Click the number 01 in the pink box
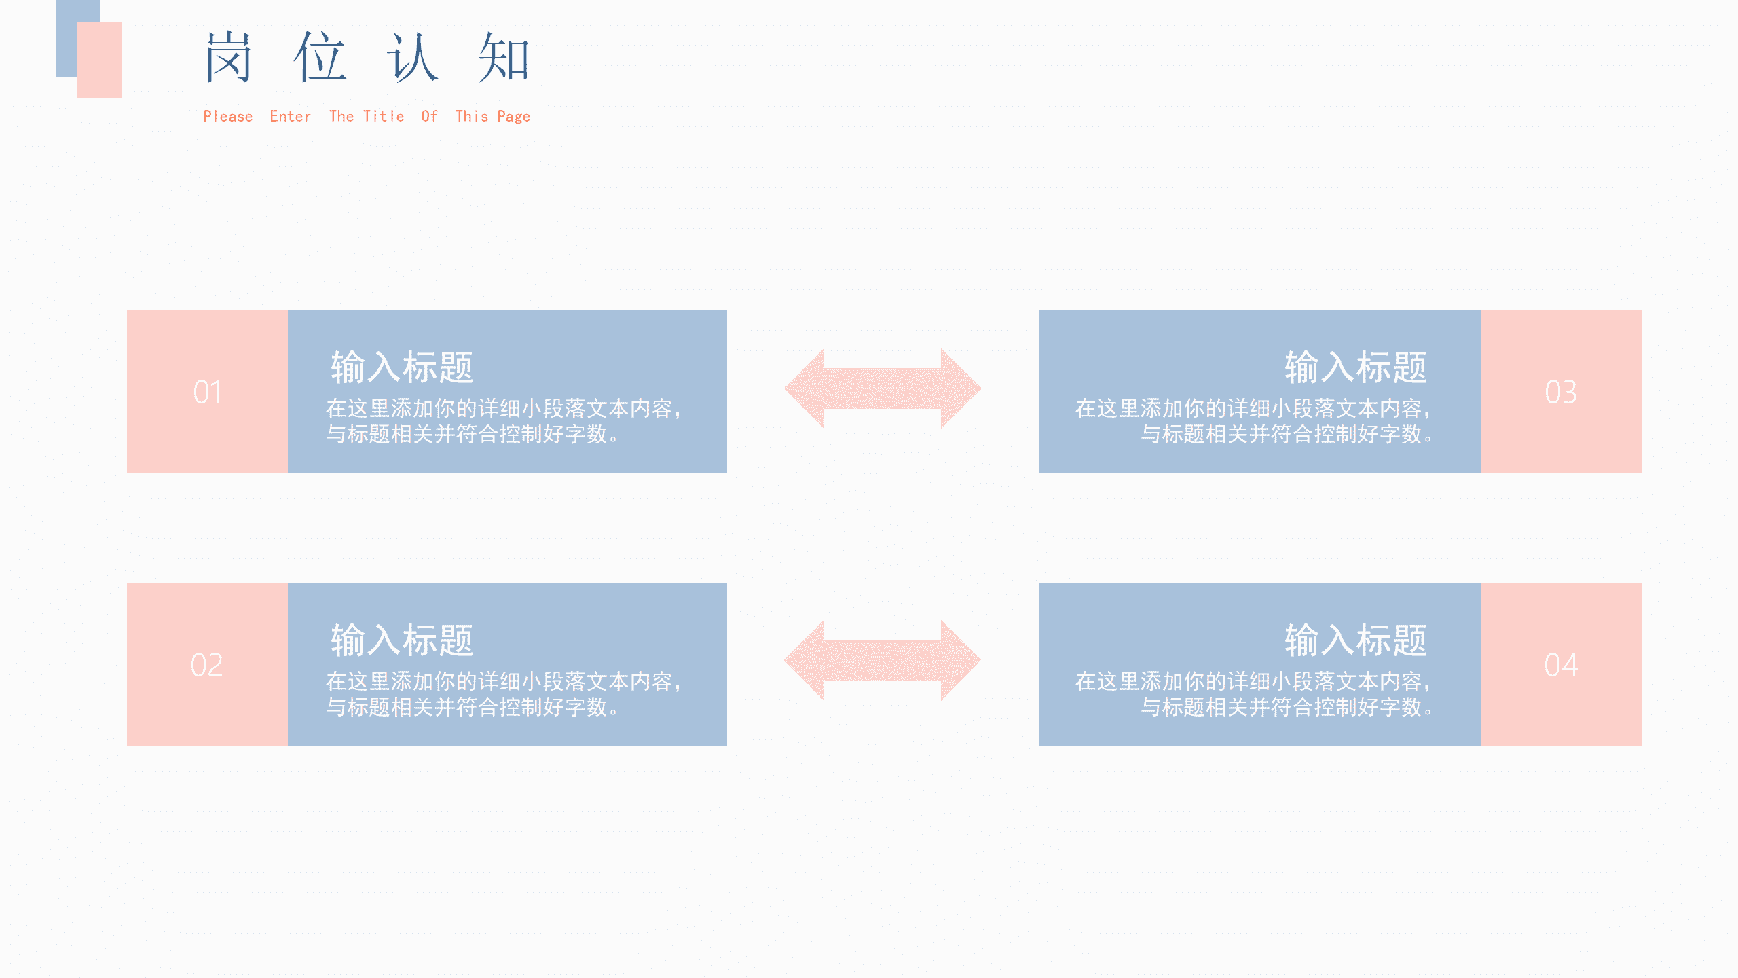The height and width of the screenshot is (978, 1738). [207, 392]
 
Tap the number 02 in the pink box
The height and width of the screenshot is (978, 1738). [206, 665]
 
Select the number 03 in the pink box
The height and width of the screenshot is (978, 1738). [1561, 392]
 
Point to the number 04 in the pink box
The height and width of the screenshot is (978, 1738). [1561, 665]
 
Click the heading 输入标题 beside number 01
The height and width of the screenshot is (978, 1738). [402, 367]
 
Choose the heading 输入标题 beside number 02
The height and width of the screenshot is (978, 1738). [402, 640]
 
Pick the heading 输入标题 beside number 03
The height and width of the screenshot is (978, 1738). [1356, 367]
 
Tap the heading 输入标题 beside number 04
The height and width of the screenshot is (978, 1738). [1356, 640]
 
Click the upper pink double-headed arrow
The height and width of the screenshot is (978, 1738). [883, 388]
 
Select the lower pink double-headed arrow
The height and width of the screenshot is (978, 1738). [883, 660]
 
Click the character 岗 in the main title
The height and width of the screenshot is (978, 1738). [229, 58]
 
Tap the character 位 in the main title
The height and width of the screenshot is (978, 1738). [320, 58]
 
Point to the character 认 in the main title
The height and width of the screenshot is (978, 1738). [412, 58]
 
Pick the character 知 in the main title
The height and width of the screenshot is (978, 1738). [503, 58]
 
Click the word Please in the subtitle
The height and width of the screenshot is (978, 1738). [228, 117]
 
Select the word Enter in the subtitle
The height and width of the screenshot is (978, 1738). [291, 117]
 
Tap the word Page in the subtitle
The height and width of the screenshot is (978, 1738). [514, 117]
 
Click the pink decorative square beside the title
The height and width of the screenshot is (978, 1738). [99, 60]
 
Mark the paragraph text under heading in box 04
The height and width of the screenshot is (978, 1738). [1253, 694]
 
